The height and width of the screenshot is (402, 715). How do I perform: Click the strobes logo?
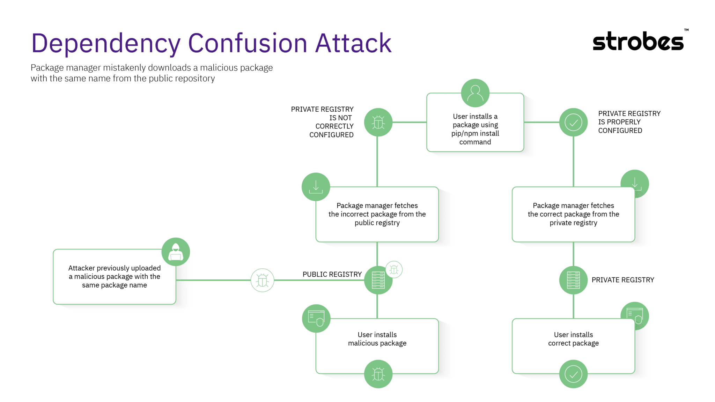tap(638, 42)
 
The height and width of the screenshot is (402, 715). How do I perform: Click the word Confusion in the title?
tap(247, 43)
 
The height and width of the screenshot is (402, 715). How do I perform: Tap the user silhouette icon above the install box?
tap(475, 93)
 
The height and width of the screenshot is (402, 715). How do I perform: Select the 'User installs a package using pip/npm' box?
tap(475, 129)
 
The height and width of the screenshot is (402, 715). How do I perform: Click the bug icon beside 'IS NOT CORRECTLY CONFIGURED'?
tap(378, 122)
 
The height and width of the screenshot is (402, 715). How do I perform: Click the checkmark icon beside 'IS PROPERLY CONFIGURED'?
tap(573, 122)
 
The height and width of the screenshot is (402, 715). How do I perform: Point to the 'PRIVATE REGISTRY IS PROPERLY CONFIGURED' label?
tap(629, 122)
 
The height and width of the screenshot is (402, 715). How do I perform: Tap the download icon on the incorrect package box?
tap(316, 187)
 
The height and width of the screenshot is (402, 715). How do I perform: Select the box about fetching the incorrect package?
tap(377, 214)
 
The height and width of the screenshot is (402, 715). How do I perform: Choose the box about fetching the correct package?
tap(573, 214)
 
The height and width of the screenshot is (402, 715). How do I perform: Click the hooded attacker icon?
tap(176, 252)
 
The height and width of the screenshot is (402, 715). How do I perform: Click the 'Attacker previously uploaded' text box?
tap(115, 276)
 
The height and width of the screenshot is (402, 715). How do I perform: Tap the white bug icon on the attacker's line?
tap(262, 280)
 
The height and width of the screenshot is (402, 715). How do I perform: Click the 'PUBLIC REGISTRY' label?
tap(332, 274)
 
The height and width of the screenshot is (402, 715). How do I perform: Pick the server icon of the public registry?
tap(378, 280)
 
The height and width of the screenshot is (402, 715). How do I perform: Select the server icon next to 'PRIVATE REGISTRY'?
tap(573, 280)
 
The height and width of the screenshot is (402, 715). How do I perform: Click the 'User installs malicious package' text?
tap(377, 339)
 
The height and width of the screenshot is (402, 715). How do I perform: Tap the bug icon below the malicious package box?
tap(378, 374)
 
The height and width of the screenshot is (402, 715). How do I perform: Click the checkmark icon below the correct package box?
tap(573, 374)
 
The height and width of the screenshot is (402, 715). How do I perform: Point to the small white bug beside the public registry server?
tap(394, 269)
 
